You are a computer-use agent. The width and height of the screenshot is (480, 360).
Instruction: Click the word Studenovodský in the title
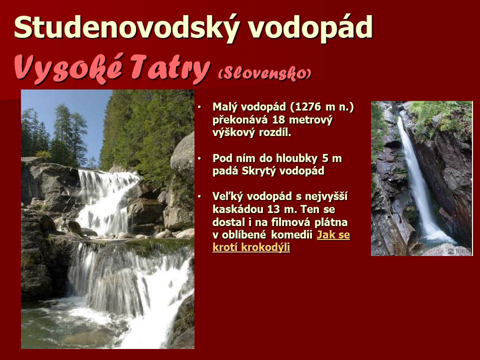click(126, 27)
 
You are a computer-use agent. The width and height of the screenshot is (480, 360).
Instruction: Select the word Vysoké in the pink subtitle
click(69, 69)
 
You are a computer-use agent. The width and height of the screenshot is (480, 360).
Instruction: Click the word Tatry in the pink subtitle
click(170, 69)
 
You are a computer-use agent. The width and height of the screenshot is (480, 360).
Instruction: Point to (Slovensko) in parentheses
click(265, 73)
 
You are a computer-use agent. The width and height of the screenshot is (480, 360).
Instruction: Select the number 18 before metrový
click(278, 119)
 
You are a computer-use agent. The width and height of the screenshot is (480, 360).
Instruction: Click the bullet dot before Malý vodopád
click(199, 107)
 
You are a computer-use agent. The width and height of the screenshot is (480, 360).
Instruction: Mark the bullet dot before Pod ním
click(199, 159)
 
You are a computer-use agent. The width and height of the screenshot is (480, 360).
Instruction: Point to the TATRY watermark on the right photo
click(458, 251)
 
